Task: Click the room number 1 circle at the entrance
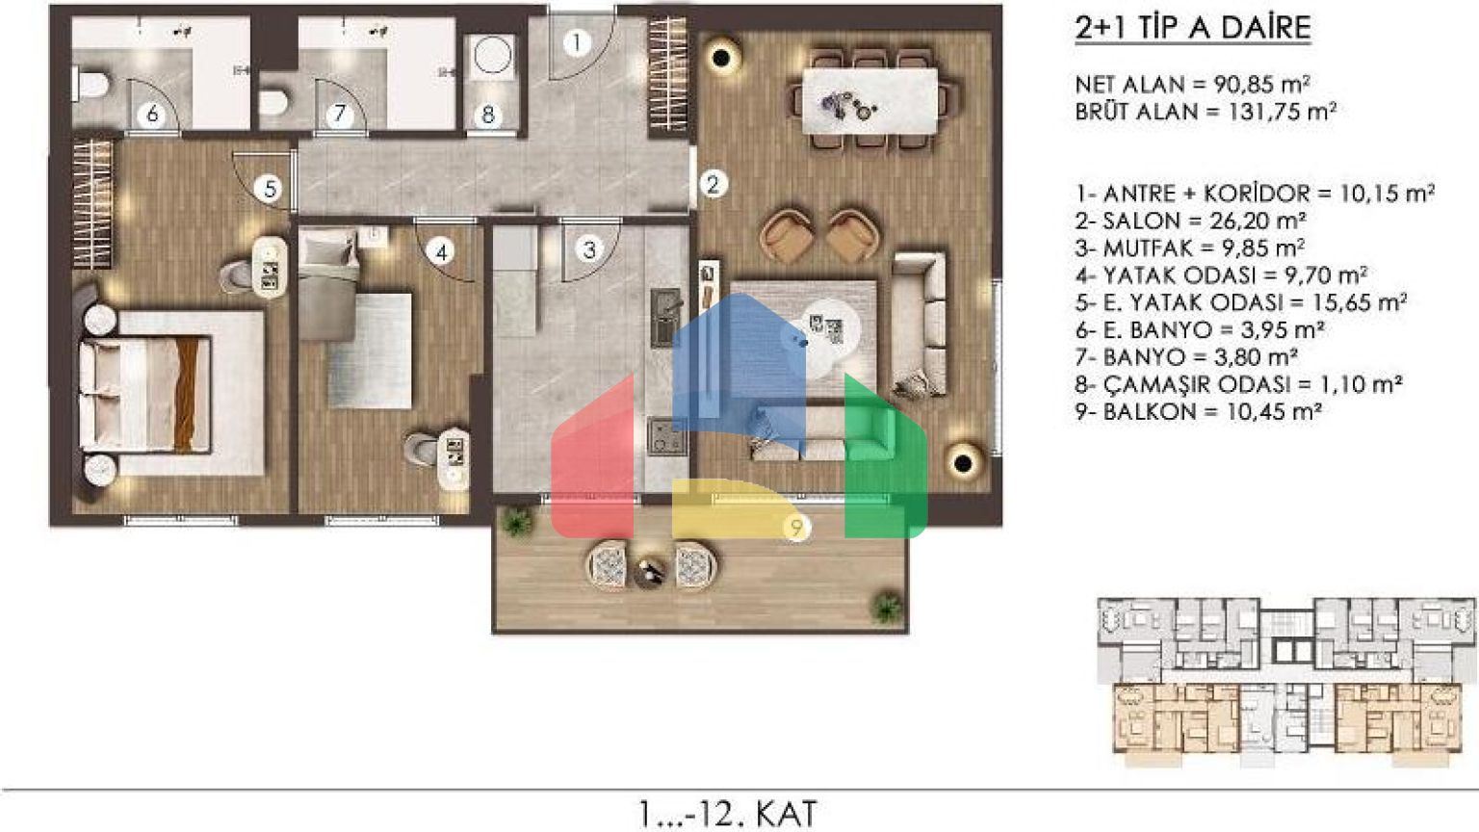click(577, 43)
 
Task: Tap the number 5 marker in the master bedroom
click(270, 190)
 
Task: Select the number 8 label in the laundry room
click(488, 115)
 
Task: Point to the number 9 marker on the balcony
click(797, 528)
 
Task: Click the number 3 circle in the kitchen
click(589, 249)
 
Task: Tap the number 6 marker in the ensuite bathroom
click(152, 115)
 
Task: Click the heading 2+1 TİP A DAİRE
click(1192, 28)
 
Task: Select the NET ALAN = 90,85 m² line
click(1192, 85)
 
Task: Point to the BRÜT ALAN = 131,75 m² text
click(1206, 112)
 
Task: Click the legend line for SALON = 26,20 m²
click(1191, 221)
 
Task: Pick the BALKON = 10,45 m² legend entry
click(1199, 412)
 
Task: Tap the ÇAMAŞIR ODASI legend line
click(1238, 384)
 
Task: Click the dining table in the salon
click(870, 100)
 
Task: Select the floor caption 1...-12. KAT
click(728, 814)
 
